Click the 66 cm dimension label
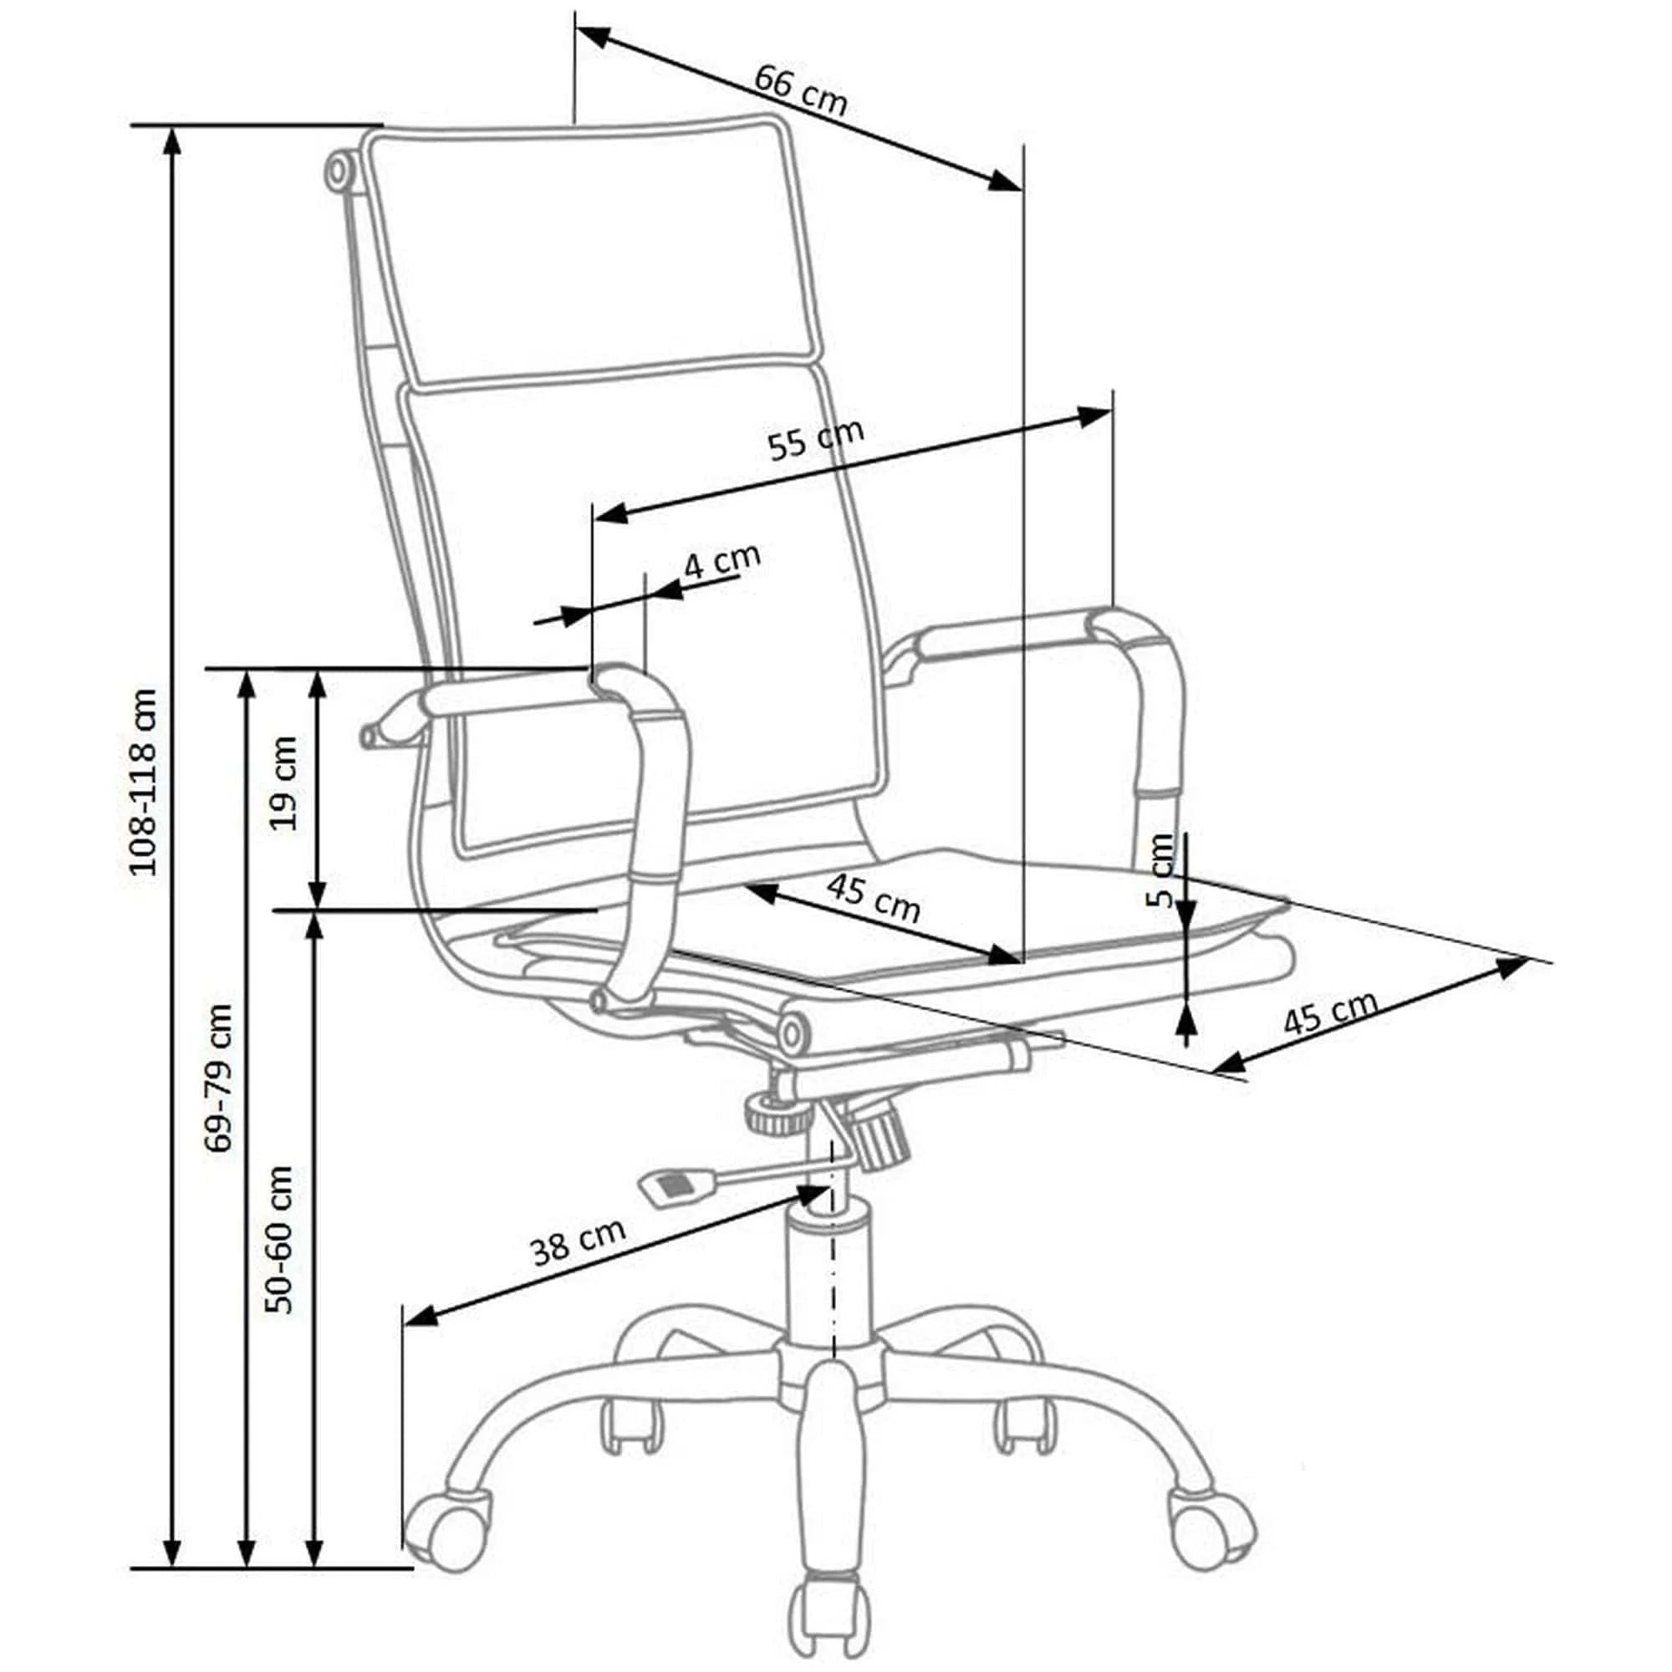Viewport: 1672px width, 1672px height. click(800, 89)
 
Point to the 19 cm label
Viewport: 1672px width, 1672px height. click(284, 783)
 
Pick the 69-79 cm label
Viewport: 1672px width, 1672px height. click(219, 1078)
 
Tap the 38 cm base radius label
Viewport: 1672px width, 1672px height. click(579, 1243)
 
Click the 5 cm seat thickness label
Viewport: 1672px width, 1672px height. click(1162, 870)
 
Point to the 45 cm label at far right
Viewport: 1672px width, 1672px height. click(1330, 1012)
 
